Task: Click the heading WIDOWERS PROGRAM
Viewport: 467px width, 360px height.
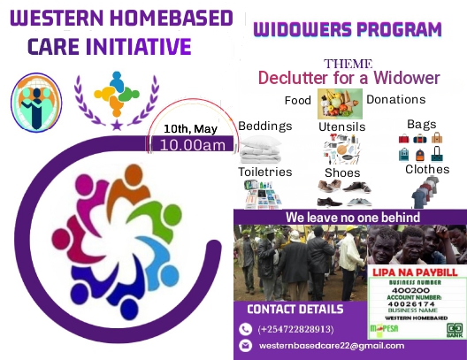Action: coord(347,30)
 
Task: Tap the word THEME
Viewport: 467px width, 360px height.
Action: coord(348,64)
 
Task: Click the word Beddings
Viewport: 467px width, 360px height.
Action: coord(264,126)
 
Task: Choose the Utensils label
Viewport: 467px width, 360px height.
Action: coord(341,127)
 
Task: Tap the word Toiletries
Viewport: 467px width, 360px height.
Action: coord(264,172)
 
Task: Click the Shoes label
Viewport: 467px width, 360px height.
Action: coord(342,172)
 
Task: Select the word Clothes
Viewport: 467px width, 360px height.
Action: coord(427,169)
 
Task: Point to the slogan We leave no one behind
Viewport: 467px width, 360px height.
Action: coord(352,218)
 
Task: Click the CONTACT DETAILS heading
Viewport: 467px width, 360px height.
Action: coord(295,310)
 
